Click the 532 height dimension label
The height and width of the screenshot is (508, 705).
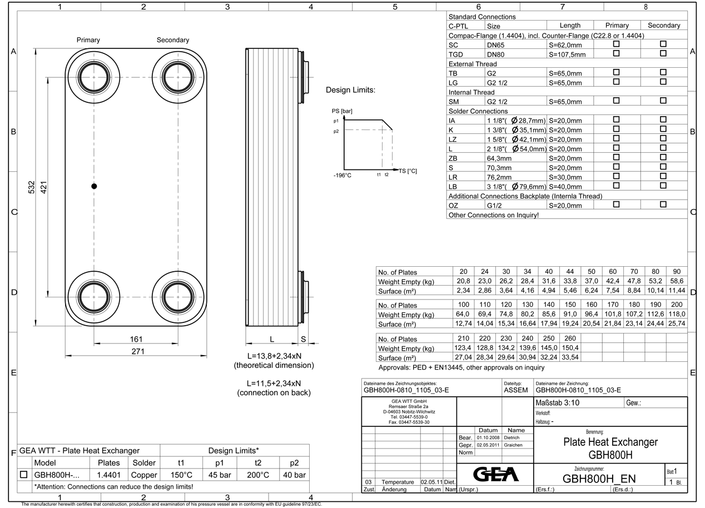click(x=32, y=187)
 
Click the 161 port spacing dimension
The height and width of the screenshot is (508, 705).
click(x=136, y=338)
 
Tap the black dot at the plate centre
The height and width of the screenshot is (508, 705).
click(x=94, y=186)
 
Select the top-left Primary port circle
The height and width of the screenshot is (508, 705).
click(x=94, y=77)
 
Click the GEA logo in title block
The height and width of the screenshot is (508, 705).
click(x=494, y=474)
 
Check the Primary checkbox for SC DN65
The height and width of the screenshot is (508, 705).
click(x=616, y=44)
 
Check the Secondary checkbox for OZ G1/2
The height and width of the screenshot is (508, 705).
click(x=663, y=205)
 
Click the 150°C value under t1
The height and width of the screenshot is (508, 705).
click(x=181, y=475)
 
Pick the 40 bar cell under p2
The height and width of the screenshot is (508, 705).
click(x=294, y=475)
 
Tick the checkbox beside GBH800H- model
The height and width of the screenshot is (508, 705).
click(x=24, y=475)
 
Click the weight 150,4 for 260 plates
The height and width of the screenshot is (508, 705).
click(x=570, y=348)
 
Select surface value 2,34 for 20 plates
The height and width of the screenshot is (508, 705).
click(x=463, y=291)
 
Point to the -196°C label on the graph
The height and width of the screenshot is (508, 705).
click(x=342, y=176)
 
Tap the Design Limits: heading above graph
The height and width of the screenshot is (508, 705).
click(x=350, y=90)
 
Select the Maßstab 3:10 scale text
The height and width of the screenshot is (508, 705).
click(x=557, y=402)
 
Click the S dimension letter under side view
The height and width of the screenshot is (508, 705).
click(x=303, y=338)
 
